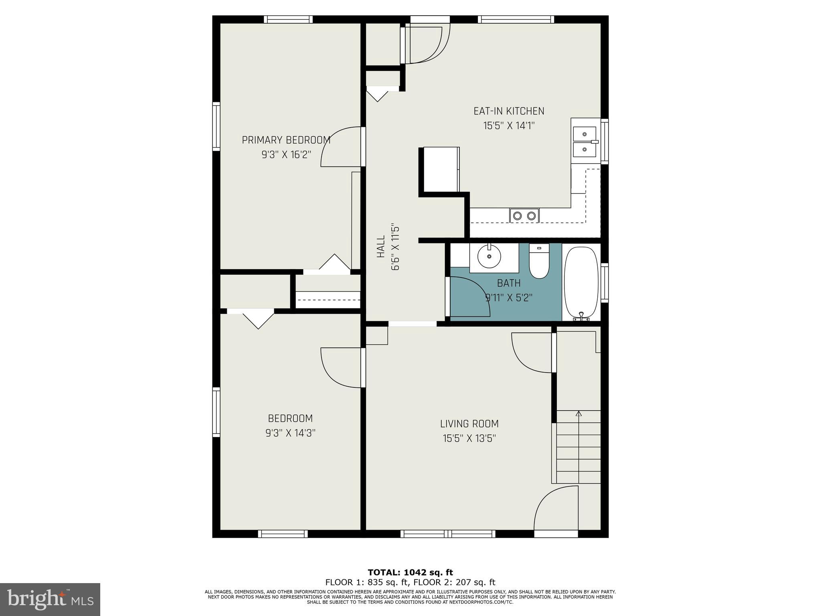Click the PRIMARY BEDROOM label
pyautogui.click(x=286, y=140)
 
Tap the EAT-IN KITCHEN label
pyautogui.click(x=509, y=111)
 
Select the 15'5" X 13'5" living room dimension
pyautogui.click(x=469, y=438)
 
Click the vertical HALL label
pyautogui.click(x=381, y=247)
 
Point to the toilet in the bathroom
pyautogui.click(x=539, y=261)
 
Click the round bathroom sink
pyautogui.click(x=489, y=256)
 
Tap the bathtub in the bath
pyautogui.click(x=581, y=283)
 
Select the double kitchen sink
pyautogui.click(x=584, y=142)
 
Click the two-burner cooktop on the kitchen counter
pyautogui.click(x=524, y=216)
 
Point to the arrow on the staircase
pyautogui.click(x=578, y=414)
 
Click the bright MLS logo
pyautogui.click(x=50, y=599)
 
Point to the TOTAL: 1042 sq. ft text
pyautogui.click(x=410, y=572)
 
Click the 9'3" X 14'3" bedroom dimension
pyautogui.click(x=290, y=433)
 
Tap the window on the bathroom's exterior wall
pyautogui.click(x=605, y=283)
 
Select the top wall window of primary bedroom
pyautogui.click(x=288, y=19)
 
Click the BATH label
pyautogui.click(x=509, y=283)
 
